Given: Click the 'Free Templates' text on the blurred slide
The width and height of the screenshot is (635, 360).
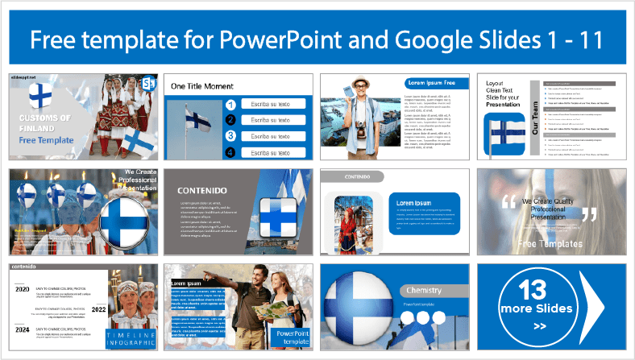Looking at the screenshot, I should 550,242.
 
